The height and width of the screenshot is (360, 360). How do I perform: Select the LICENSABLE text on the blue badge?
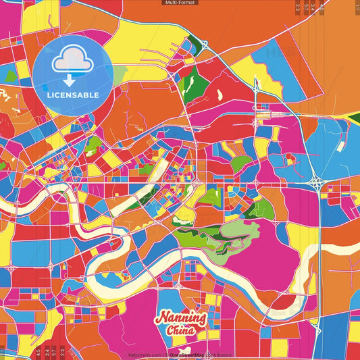[x=74, y=95]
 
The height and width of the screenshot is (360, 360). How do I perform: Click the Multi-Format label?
[x=180, y=3]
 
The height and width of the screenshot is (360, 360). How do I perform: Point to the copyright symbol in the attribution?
[x=166, y=354]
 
